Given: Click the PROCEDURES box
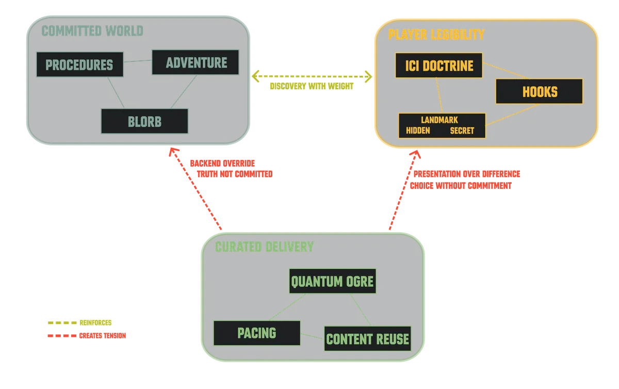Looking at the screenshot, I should (x=79, y=65).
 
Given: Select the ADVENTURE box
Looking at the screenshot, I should (x=196, y=62).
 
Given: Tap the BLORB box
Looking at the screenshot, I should (x=144, y=122).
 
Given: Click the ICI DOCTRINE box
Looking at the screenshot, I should (x=438, y=66).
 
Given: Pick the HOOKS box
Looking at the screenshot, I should (x=539, y=92).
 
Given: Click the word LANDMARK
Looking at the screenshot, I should (x=439, y=120).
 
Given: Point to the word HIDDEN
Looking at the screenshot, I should (x=418, y=131).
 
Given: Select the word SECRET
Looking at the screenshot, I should (x=462, y=131).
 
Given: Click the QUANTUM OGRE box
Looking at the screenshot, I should (x=333, y=281).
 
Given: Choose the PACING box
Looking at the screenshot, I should (x=256, y=333).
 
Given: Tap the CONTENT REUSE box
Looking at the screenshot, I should (x=367, y=339).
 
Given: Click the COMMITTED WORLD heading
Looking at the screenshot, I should (x=92, y=31).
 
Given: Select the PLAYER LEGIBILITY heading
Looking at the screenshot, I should (x=436, y=35).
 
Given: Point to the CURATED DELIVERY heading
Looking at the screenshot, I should (x=264, y=247).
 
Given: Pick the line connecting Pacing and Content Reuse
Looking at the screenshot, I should (x=312, y=337).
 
